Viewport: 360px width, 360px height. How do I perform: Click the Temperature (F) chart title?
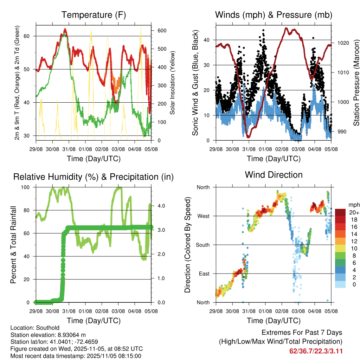click(94, 15)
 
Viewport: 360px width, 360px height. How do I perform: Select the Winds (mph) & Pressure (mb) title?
click(274, 15)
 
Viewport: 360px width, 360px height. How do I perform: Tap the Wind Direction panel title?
click(274, 175)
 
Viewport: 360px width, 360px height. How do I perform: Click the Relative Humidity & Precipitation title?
click(94, 177)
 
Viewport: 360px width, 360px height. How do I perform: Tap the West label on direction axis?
click(203, 216)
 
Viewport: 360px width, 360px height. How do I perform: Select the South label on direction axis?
click(202, 245)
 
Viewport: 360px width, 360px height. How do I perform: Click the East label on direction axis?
click(204, 274)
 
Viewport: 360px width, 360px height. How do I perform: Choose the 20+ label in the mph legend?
click(353, 212)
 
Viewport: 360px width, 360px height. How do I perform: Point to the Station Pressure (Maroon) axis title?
click(356, 82)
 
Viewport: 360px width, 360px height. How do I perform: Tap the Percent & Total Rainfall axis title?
click(13, 245)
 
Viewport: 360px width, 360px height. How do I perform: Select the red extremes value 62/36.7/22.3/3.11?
click(316, 351)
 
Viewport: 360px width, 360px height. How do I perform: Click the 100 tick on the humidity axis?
click(27, 187)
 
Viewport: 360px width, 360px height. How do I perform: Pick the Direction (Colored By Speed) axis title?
click(187, 245)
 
